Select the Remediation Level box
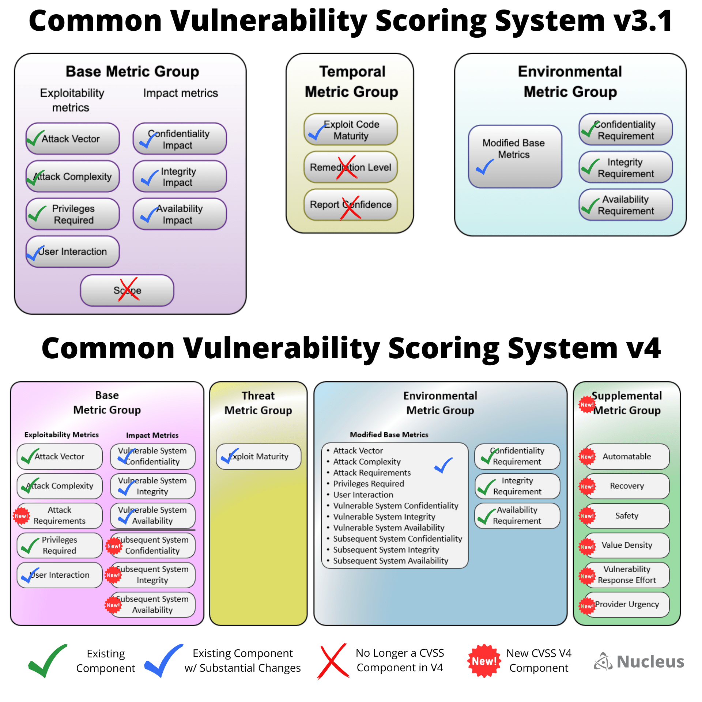coord(350,167)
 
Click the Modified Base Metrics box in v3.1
coord(515,156)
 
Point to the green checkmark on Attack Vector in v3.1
coord(35,139)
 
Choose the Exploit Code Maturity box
coord(350,130)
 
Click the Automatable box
coord(627,456)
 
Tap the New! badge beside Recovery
coord(587,487)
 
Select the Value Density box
coord(627,545)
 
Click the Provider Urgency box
coord(627,604)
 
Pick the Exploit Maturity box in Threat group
coord(258,456)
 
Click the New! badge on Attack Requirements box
coord(21,516)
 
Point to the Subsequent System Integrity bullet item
coord(386,550)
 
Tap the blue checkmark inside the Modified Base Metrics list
coord(444,465)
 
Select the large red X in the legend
coord(333,661)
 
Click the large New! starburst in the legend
coord(484,661)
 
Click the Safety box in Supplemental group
coord(627,516)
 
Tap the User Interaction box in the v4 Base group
coord(60,575)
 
